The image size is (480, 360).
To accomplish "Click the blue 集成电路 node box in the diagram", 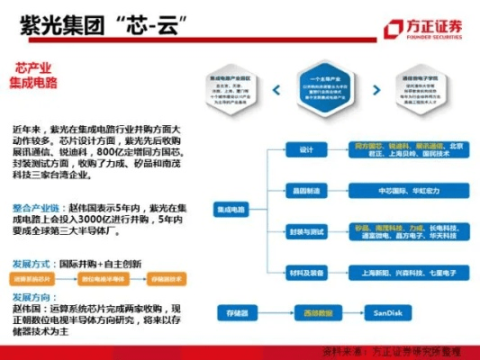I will coord(231,210).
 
